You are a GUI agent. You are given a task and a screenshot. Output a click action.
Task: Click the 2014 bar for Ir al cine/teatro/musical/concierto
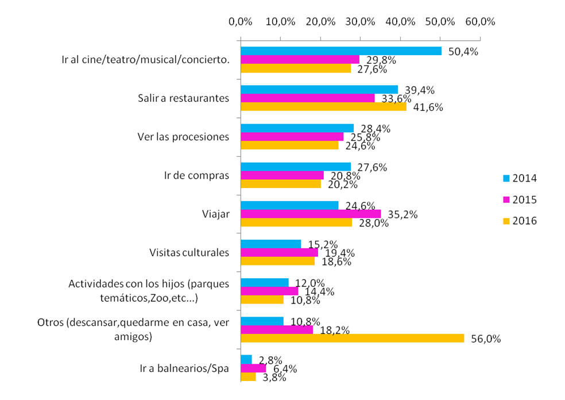pyautogui.click(x=341, y=51)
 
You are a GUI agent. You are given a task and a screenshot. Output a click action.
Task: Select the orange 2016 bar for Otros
pyautogui.click(x=353, y=338)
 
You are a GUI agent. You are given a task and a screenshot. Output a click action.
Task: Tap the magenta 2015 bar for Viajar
pyautogui.click(x=311, y=214)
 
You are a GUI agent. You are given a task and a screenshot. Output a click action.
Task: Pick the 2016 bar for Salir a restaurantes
pyautogui.click(x=324, y=107)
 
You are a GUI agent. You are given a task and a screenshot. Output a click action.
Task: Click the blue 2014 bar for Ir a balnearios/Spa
pyautogui.click(x=246, y=359)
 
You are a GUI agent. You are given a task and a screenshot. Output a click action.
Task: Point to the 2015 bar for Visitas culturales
pyautogui.click(x=280, y=252)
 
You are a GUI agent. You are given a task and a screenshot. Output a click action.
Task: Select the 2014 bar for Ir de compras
pyautogui.click(x=296, y=167)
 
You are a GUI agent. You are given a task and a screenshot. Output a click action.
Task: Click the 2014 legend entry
pyautogui.click(x=520, y=178)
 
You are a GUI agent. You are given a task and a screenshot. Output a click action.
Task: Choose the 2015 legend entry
pyautogui.click(x=520, y=199)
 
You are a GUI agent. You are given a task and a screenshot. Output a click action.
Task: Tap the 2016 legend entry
pyautogui.click(x=520, y=221)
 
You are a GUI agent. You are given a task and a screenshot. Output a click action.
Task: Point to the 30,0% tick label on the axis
pyautogui.click(x=361, y=22)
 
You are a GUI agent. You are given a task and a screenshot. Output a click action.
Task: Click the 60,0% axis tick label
pyautogui.click(x=481, y=22)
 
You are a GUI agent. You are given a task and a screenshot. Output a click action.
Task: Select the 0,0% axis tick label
pyautogui.click(x=241, y=22)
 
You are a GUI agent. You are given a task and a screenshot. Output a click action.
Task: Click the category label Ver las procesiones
pyautogui.click(x=183, y=137)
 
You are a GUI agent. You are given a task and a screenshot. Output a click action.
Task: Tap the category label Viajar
pyautogui.click(x=215, y=214)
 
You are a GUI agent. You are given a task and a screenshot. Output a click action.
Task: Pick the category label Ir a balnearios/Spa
pyautogui.click(x=184, y=368)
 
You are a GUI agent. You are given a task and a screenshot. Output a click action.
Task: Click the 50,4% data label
pyautogui.click(x=463, y=52)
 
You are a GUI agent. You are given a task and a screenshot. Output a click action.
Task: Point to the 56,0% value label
pyautogui.click(x=486, y=339)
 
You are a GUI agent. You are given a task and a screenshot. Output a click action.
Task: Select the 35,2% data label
pyautogui.click(x=403, y=214)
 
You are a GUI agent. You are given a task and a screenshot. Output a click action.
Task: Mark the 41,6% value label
pyautogui.click(x=428, y=107)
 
